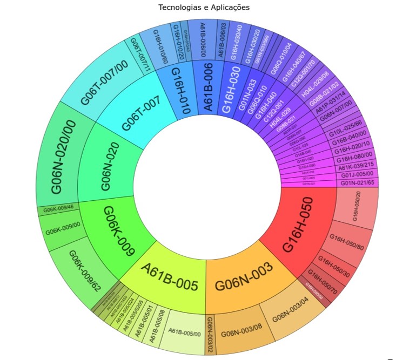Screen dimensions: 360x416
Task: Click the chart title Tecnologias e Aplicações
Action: click(204, 8)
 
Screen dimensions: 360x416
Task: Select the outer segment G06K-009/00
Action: click(63, 230)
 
